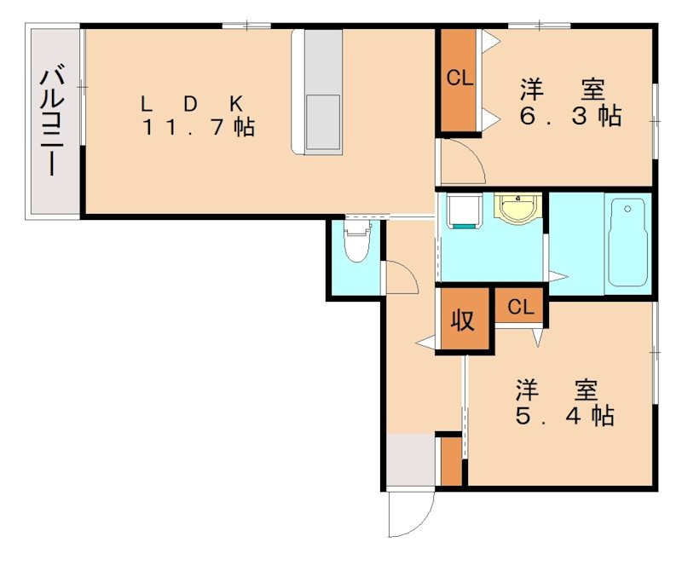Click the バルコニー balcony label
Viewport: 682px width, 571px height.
(53, 119)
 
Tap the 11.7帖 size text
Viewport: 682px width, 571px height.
(199, 128)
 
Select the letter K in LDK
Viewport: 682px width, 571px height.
(236, 104)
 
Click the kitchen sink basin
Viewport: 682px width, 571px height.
(323, 122)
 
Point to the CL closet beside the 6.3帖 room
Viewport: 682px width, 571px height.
(459, 79)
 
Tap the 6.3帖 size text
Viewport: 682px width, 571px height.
(570, 116)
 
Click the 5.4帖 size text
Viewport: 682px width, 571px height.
(564, 416)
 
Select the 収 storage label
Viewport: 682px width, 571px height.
(462, 320)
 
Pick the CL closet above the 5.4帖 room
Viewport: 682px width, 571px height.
(520, 307)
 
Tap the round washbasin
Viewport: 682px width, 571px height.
(517, 207)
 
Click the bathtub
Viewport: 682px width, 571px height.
(627, 242)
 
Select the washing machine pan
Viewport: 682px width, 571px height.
(465, 211)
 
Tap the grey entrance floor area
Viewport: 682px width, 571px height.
(411, 459)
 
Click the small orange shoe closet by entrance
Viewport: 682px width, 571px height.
(451, 461)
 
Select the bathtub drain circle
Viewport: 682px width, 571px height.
(627, 209)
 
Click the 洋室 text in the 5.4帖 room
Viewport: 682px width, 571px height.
(558, 390)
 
